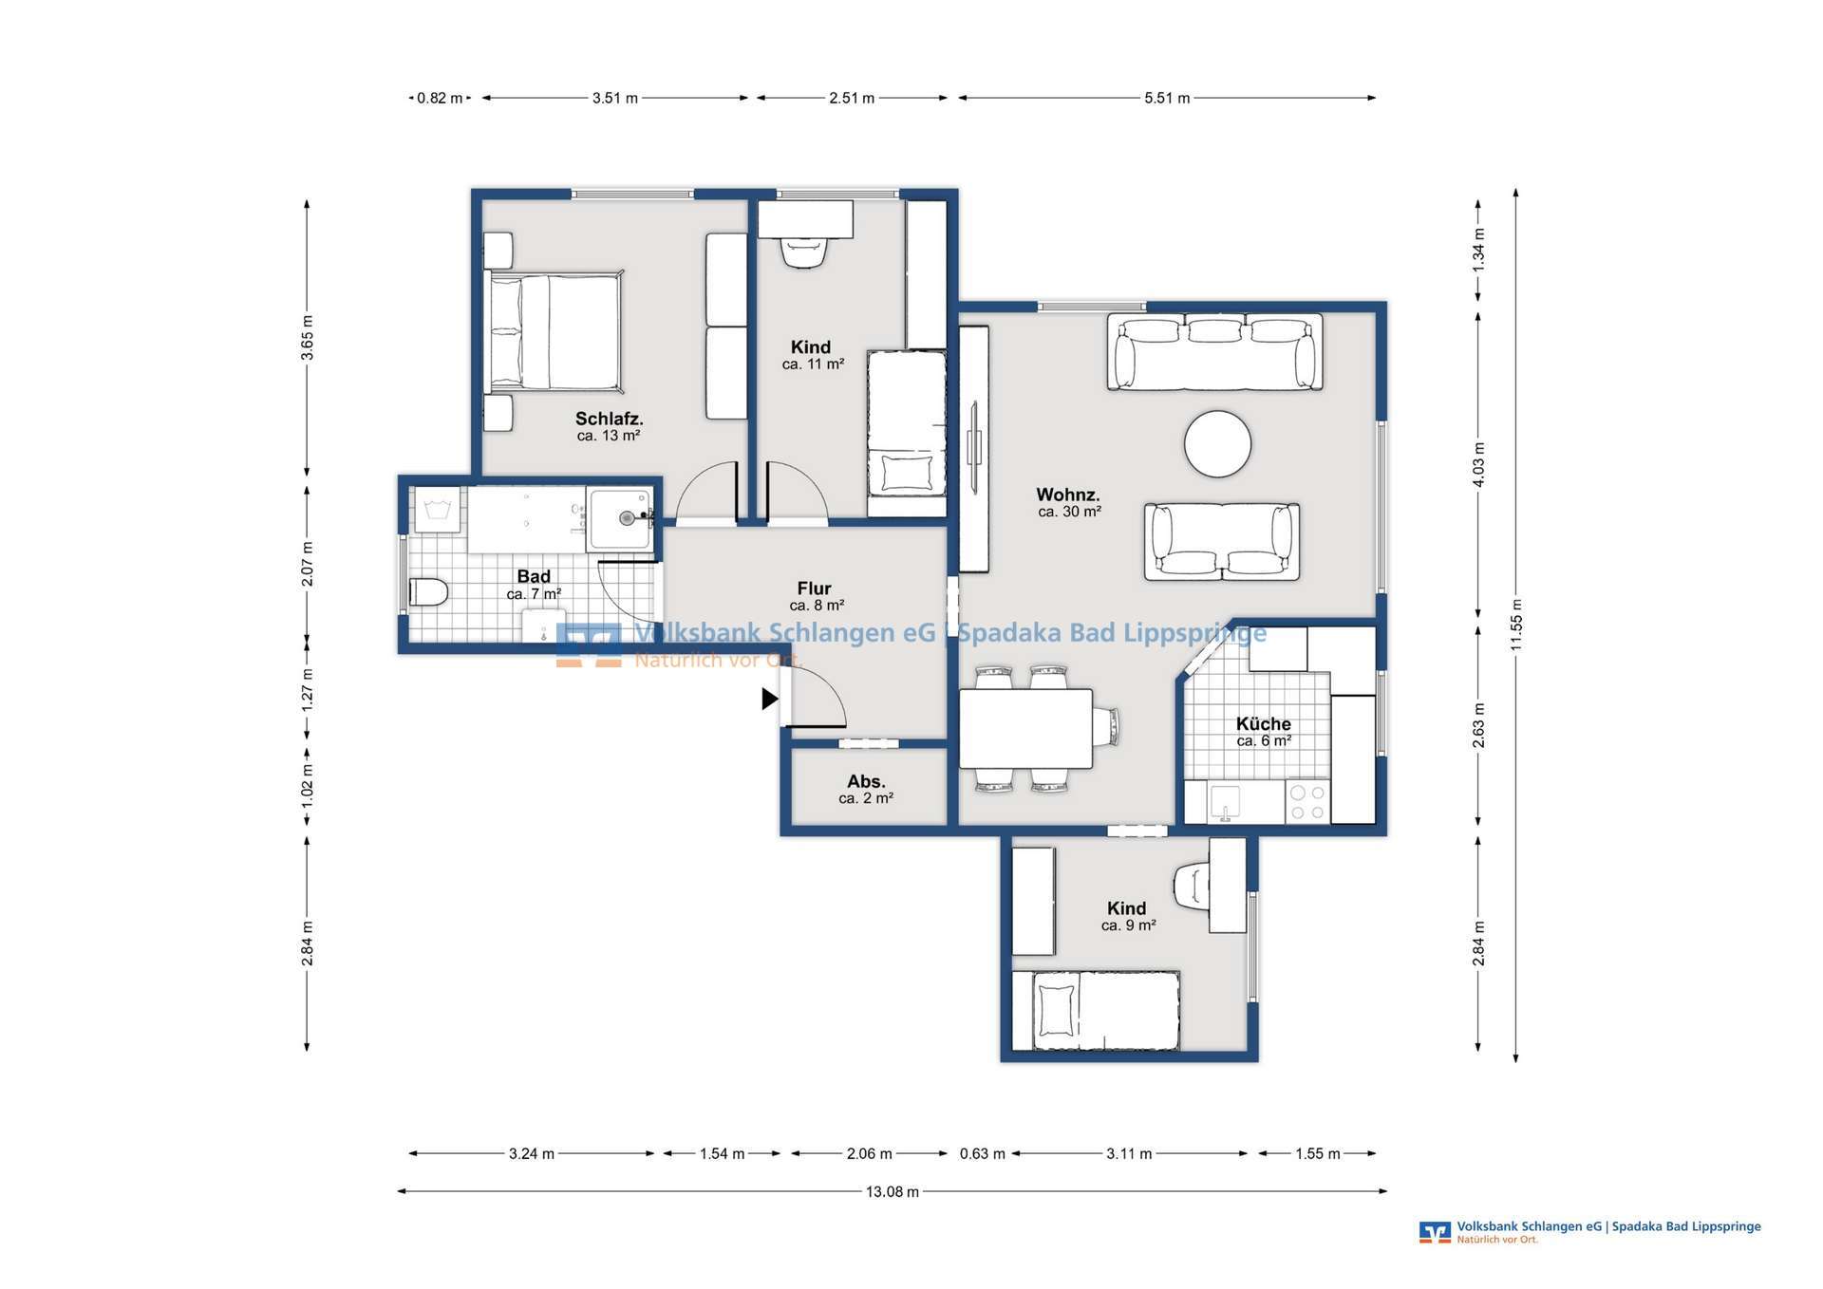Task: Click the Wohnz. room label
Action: (x=1068, y=495)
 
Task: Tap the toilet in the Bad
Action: (x=428, y=592)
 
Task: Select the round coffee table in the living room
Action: (x=1217, y=444)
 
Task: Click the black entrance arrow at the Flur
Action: (x=770, y=700)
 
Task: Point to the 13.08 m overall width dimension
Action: (x=893, y=1191)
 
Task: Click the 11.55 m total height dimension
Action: (x=1516, y=626)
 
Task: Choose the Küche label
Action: (x=1264, y=724)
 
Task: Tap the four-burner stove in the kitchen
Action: (x=1307, y=801)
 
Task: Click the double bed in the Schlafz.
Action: (x=554, y=332)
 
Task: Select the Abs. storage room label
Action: (x=866, y=781)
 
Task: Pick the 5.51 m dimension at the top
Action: (x=1167, y=98)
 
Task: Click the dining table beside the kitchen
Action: (x=1025, y=728)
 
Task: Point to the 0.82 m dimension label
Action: (x=441, y=98)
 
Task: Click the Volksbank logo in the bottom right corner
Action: (x=1435, y=1232)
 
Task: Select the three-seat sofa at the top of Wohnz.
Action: (x=1214, y=352)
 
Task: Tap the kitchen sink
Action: (x=1225, y=803)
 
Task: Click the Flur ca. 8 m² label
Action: (x=816, y=596)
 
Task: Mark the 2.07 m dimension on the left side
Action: (x=307, y=563)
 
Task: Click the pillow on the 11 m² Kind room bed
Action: (x=906, y=472)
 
